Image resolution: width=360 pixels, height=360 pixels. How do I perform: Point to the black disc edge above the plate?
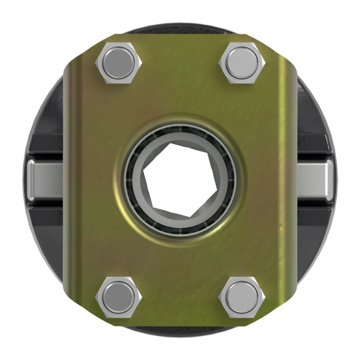180,30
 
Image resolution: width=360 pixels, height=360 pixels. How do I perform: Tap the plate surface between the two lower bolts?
180,295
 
